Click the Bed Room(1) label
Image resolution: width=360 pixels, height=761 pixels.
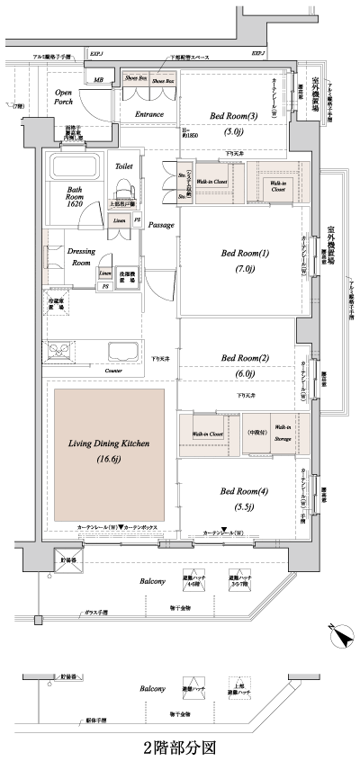245,253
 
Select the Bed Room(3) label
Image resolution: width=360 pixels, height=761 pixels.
233,115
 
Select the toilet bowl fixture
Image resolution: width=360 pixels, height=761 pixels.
124,188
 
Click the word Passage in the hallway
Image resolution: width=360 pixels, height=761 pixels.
161,224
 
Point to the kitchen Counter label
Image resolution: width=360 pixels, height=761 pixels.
112,370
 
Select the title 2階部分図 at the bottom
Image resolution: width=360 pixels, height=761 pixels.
179,746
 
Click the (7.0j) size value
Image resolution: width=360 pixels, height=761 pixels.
245,269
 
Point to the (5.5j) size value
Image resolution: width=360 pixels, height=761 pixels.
245,507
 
